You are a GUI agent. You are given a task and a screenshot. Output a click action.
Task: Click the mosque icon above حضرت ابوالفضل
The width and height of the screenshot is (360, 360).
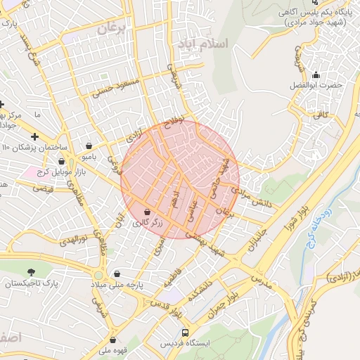(x=316, y=75)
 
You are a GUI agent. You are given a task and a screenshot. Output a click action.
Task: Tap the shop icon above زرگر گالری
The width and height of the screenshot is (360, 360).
(x=147, y=212)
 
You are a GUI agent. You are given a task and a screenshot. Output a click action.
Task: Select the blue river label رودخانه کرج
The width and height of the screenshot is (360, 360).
(x=314, y=224)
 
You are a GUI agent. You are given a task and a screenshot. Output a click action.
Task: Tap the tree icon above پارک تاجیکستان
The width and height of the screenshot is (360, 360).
(x=31, y=272)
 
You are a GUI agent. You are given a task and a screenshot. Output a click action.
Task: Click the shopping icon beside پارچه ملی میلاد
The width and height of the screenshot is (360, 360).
(x=117, y=274)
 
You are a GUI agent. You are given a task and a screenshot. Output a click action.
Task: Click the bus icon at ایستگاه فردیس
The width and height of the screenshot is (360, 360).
(x=185, y=332)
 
